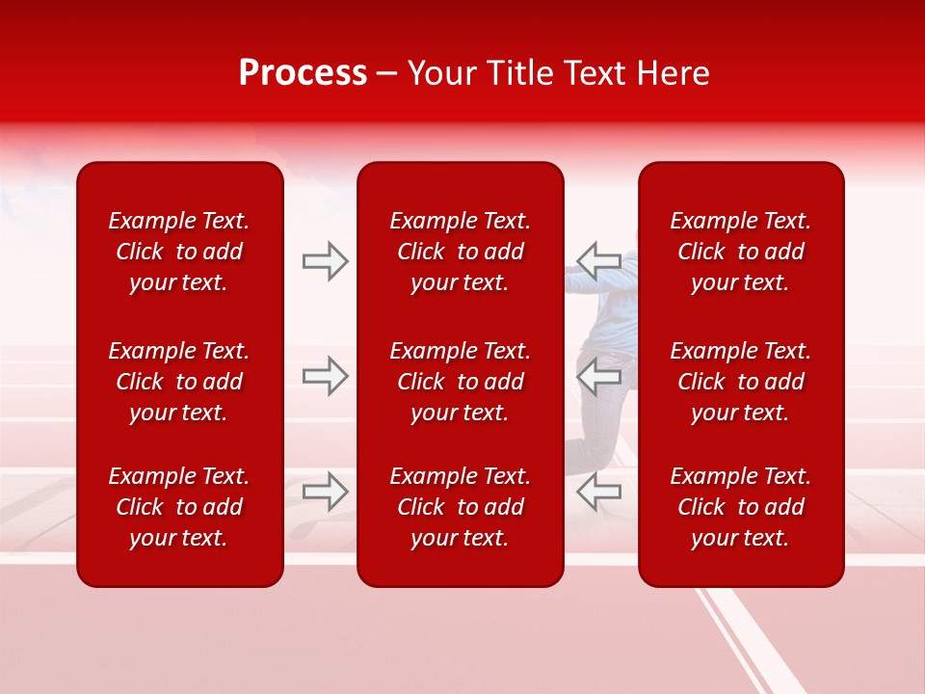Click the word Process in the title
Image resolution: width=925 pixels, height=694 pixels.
tap(303, 73)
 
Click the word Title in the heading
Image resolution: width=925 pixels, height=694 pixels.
tap(520, 73)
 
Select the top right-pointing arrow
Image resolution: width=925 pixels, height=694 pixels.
tap(326, 261)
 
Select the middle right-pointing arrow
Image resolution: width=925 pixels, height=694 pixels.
tap(326, 376)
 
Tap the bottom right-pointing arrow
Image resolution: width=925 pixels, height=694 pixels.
tap(326, 492)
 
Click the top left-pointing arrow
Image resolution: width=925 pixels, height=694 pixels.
tap(598, 261)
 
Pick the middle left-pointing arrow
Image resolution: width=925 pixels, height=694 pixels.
tap(598, 376)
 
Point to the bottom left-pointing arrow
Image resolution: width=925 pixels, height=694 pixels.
tap(598, 492)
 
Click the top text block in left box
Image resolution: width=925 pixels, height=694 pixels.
tap(179, 252)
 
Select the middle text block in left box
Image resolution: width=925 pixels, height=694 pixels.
tap(179, 382)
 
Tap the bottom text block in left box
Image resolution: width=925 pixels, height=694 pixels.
tap(179, 507)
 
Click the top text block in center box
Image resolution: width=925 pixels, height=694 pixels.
tap(461, 252)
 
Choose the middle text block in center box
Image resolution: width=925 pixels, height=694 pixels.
tap(461, 382)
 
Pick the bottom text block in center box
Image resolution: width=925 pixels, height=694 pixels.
tap(461, 507)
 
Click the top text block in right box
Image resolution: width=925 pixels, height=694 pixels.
tap(741, 252)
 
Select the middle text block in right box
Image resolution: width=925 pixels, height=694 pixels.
tap(741, 382)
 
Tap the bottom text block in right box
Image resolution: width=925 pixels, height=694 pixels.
tap(741, 507)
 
